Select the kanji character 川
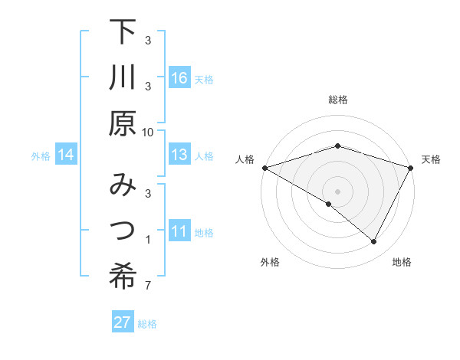click(123, 78)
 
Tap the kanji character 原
click(123, 124)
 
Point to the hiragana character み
click(123, 185)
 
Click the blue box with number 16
click(179, 78)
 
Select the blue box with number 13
click(179, 155)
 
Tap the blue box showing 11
click(179, 231)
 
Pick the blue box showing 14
click(66, 155)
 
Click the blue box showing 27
click(123, 322)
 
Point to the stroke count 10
click(148, 132)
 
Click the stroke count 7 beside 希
click(148, 286)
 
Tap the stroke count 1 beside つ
click(148, 241)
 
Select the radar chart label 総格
click(338, 100)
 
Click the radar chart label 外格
click(270, 262)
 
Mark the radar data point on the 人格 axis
click(264, 167)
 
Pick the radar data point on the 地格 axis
click(374, 242)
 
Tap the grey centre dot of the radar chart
click(338, 191)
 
